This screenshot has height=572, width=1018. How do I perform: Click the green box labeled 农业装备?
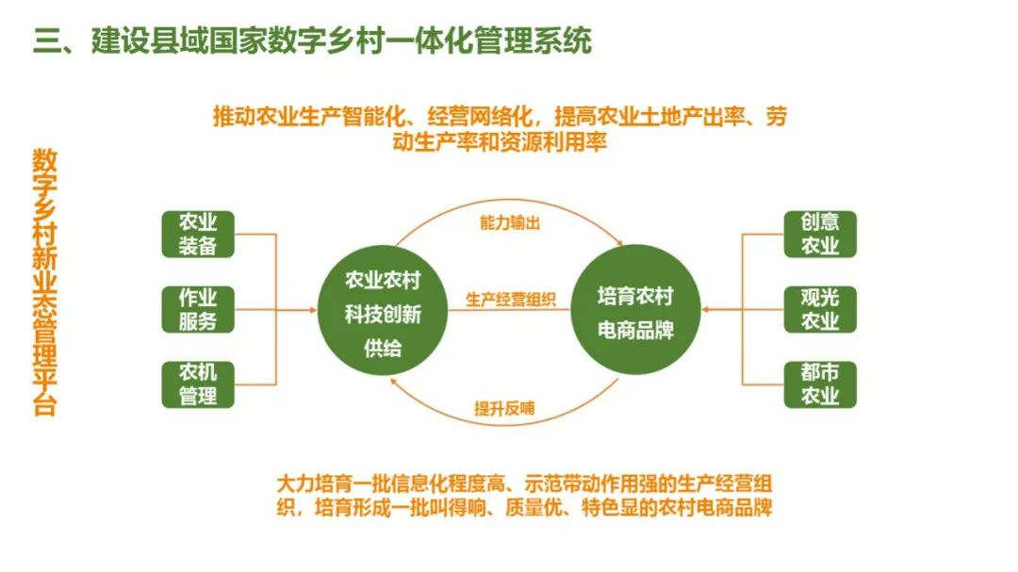[x=198, y=234]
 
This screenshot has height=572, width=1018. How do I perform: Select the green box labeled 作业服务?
[x=198, y=309]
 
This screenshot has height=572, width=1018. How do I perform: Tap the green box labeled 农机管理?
[x=198, y=384]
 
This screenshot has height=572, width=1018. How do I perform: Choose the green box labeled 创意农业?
[x=820, y=234]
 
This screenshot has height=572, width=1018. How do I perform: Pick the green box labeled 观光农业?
[x=820, y=309]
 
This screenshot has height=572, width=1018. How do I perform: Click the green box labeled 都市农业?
[x=820, y=384]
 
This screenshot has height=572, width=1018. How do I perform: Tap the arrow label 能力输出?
[x=509, y=223]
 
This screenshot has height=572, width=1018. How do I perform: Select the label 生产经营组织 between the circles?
[x=510, y=300]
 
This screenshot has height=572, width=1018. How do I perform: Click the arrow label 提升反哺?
[x=509, y=409]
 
